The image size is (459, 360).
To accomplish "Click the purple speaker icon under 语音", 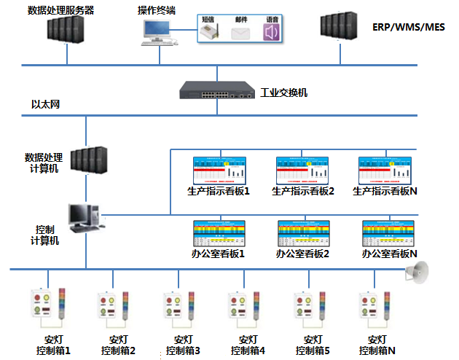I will coord(272,32).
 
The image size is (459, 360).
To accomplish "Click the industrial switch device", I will coord(217,92).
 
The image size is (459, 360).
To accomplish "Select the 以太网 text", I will coord(44,105).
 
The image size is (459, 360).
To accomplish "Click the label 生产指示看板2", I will coord(302,191).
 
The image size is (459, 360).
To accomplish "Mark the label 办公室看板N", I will coord(389,254).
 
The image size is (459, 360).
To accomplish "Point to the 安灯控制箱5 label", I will coord(313,345).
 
